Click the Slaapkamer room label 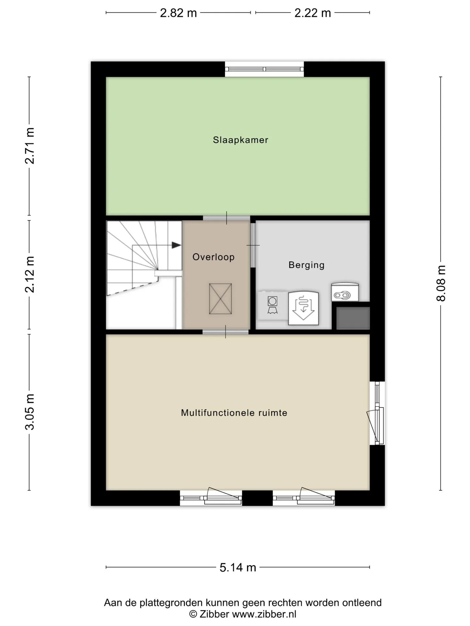pos(241,140)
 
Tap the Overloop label pos(213,257)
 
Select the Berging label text pos(306,265)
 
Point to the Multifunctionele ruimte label pos(234,413)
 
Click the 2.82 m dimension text pos(179,13)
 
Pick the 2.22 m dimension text pos(313,13)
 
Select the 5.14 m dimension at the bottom pos(238,568)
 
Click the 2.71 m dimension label pos(30,145)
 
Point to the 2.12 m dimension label pos(30,275)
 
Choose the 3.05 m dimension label pos(30,412)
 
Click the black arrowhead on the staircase pos(177,245)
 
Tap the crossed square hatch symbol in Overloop pos(220,299)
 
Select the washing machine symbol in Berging pos(273,306)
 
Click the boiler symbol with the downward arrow pos(303,308)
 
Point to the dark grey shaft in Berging pos(353,318)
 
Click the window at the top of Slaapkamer pos(264,69)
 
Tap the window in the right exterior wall pos(377,413)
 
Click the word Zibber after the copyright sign pos(214,614)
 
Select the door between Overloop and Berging pos(253,245)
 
